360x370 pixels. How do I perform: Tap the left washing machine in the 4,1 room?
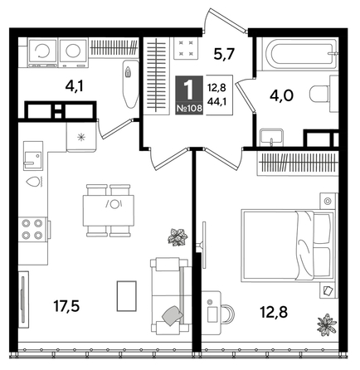(39, 51)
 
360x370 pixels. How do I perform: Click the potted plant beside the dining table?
(175, 238)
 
